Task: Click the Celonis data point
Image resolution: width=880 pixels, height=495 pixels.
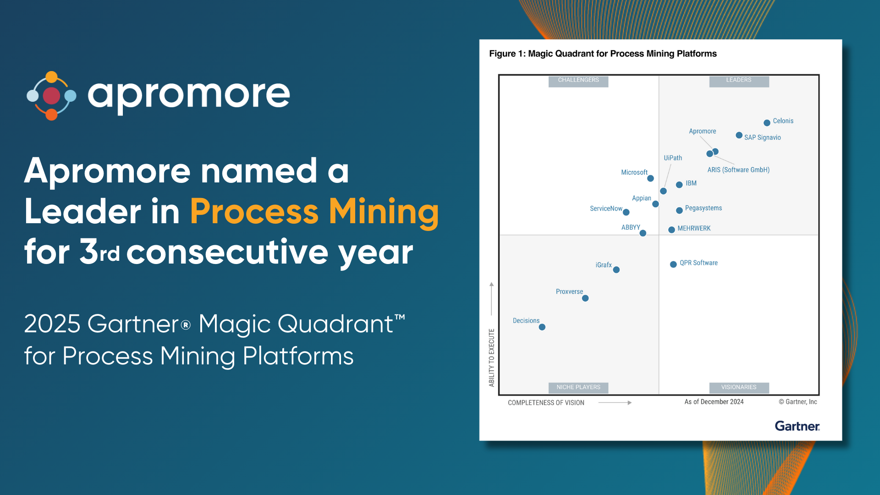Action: [767, 123]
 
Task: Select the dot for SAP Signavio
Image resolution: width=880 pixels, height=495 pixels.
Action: [739, 135]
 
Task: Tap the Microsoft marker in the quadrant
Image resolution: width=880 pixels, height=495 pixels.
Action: [650, 178]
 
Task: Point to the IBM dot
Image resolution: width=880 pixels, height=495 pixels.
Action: [679, 185]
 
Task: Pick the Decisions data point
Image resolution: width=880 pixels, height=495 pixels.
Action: [542, 327]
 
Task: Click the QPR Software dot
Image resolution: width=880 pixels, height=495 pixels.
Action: [673, 264]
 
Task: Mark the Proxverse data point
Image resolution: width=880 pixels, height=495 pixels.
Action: [585, 298]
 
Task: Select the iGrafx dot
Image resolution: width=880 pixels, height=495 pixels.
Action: [616, 270]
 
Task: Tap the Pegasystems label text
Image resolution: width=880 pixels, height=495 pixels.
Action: [703, 208]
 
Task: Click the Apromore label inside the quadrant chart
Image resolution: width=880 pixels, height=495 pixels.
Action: [702, 131]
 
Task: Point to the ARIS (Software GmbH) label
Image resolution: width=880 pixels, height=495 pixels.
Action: [738, 170]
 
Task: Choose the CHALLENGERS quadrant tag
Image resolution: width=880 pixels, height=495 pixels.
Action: [578, 81]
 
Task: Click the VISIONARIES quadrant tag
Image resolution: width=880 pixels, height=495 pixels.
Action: [739, 388]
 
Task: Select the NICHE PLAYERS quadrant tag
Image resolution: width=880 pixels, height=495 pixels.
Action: [578, 388]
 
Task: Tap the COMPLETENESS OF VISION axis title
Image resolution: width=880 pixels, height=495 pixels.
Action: [546, 403]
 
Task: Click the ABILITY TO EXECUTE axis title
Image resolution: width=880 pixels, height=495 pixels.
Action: [492, 357]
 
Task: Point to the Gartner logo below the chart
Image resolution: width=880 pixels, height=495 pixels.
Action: [797, 426]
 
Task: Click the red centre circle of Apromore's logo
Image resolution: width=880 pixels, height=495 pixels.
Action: [51, 96]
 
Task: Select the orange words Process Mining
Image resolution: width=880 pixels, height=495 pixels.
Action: [314, 211]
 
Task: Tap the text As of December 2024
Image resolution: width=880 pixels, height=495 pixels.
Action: [714, 402]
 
